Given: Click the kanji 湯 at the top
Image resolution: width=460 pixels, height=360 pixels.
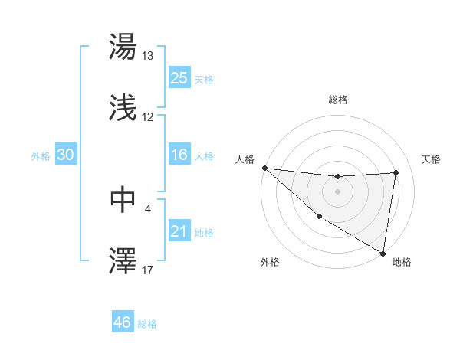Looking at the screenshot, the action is click(x=123, y=47).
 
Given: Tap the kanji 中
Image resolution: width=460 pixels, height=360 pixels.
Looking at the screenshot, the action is click(x=123, y=199).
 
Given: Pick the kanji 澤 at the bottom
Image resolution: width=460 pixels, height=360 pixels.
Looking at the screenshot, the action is click(x=123, y=260).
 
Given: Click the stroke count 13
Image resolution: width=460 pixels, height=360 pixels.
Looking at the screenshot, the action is click(x=148, y=56).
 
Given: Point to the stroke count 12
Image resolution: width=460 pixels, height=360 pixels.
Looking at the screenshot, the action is click(x=148, y=117).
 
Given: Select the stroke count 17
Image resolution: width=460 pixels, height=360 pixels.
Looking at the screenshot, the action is click(x=148, y=269).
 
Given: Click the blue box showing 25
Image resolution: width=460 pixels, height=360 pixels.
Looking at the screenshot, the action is click(x=179, y=77).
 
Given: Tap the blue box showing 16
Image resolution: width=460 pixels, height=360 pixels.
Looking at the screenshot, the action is click(x=179, y=155).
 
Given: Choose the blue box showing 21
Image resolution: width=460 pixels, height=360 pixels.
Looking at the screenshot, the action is click(x=179, y=231).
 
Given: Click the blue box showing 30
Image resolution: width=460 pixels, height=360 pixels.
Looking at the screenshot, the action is click(x=65, y=155).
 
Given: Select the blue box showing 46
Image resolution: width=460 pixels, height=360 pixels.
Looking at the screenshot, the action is click(x=122, y=322).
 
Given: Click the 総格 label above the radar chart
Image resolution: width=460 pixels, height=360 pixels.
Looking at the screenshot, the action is click(x=338, y=100).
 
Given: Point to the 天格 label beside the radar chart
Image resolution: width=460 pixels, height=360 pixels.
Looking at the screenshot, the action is click(x=431, y=159).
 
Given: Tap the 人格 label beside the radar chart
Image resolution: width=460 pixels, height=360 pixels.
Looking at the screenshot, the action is click(x=245, y=159).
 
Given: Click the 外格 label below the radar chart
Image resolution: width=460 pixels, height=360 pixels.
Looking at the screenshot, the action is click(x=269, y=262).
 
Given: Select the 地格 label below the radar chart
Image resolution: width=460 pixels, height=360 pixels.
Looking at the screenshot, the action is click(x=402, y=262).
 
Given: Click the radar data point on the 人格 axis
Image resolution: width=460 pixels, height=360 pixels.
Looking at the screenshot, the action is click(x=264, y=168).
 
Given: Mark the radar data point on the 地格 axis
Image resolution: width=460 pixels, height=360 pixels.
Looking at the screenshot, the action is click(x=383, y=253).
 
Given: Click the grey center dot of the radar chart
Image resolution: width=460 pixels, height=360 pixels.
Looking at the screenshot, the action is click(x=337, y=191).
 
